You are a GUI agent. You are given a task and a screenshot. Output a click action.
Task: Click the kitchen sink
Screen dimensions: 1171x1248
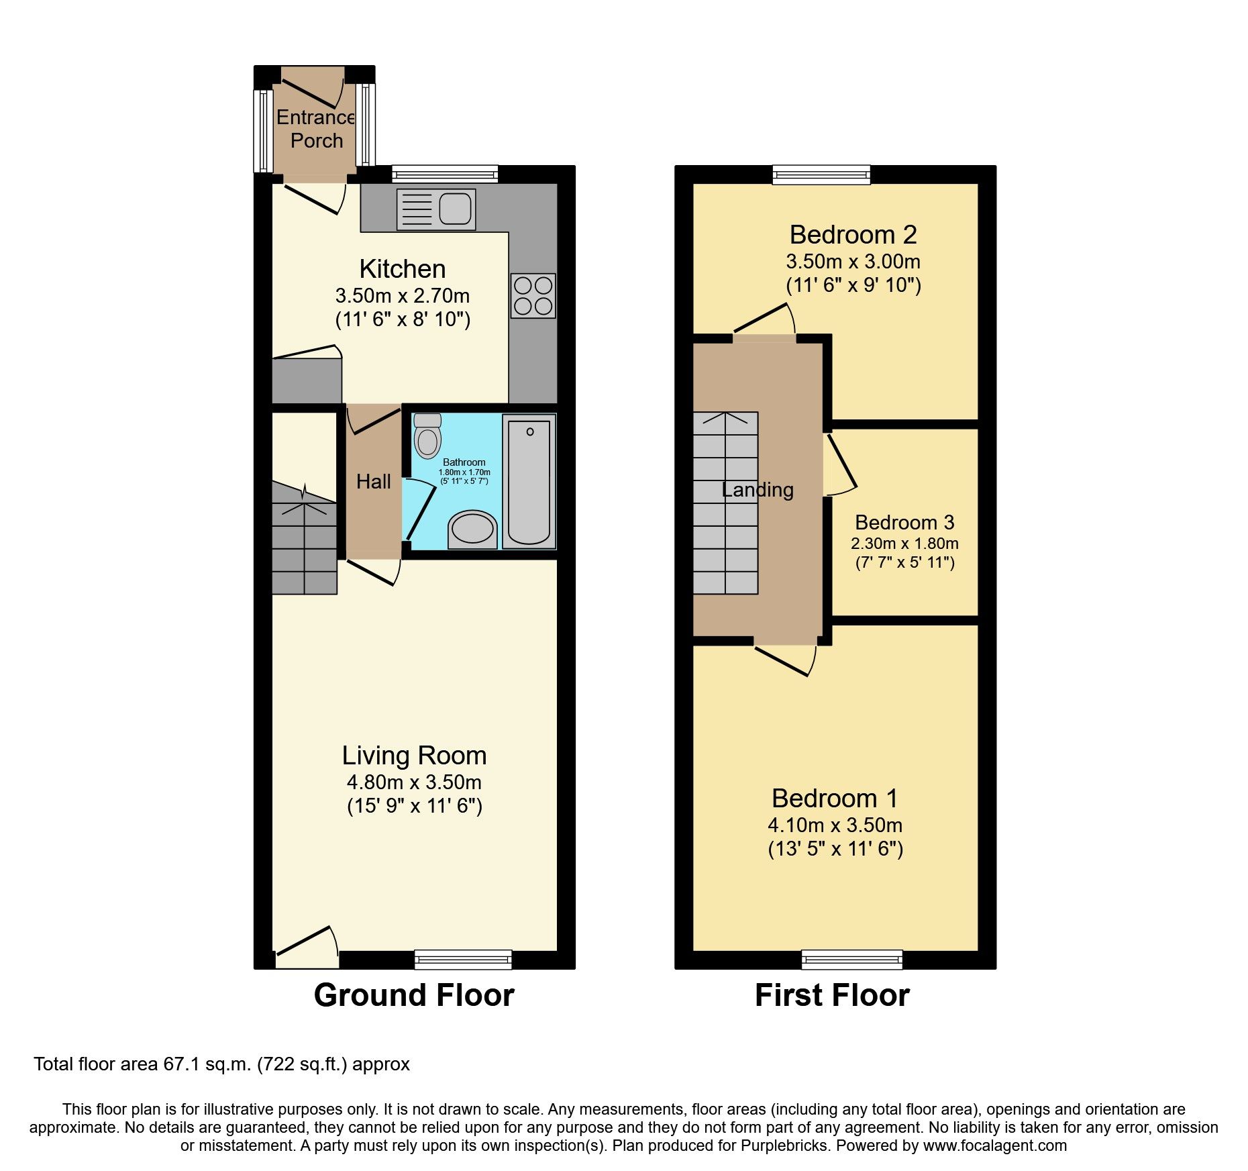click(x=436, y=209)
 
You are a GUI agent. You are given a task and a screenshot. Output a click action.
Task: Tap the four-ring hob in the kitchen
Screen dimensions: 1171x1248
click(x=533, y=295)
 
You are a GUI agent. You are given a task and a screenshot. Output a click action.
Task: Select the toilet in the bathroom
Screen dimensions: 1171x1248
click(x=427, y=436)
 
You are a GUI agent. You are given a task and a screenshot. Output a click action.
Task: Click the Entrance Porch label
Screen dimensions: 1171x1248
click(x=315, y=129)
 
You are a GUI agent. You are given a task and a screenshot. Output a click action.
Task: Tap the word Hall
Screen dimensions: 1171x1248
click(x=373, y=481)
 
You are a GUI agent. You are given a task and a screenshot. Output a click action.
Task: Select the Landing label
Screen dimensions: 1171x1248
click(x=758, y=490)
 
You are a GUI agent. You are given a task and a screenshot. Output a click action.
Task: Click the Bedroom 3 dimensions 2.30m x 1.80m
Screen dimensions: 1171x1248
click(x=904, y=544)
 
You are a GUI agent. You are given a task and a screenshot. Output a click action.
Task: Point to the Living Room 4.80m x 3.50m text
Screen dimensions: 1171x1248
click(x=414, y=782)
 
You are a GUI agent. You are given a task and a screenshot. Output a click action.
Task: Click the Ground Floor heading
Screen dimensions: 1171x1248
click(x=414, y=995)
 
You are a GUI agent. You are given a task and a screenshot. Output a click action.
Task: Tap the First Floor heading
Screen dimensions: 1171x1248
click(x=832, y=995)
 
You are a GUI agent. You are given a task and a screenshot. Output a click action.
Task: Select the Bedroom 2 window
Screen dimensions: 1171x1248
click(x=821, y=175)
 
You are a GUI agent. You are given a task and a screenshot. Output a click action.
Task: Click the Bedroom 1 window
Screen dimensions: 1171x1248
click(x=851, y=960)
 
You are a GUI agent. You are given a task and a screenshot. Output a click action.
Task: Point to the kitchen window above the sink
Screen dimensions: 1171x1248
click(x=445, y=174)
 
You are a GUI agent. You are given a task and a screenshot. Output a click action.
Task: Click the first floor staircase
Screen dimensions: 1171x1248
click(x=725, y=503)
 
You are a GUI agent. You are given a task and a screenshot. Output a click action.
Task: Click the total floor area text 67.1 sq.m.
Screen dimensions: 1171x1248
click(x=221, y=1064)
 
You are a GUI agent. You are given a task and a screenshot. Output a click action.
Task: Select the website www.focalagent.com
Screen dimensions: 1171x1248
click(x=994, y=1145)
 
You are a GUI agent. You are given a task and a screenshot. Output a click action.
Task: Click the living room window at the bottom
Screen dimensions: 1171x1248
click(x=463, y=960)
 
